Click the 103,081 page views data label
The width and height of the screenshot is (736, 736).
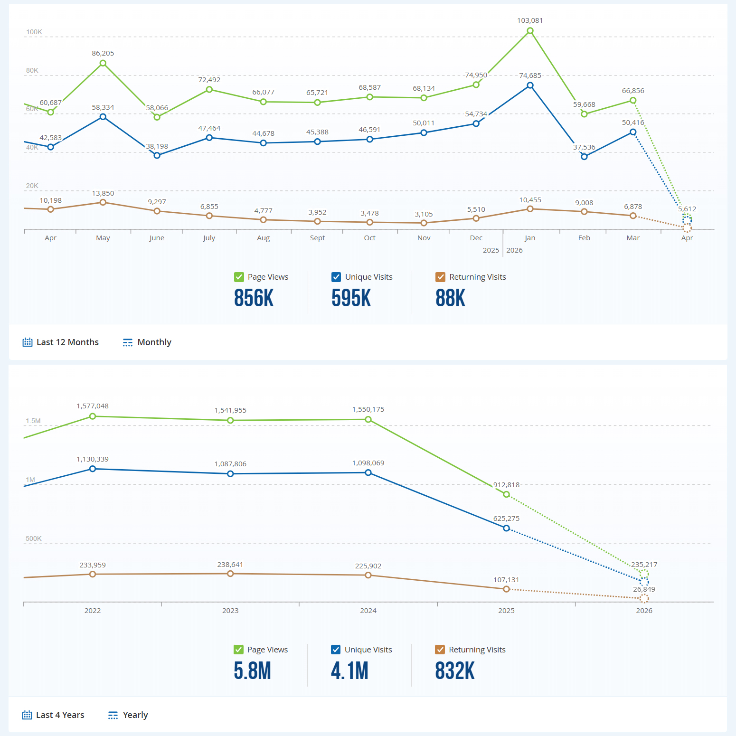(x=530, y=20)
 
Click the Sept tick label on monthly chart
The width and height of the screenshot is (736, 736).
(x=317, y=238)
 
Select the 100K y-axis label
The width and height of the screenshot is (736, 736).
(x=34, y=32)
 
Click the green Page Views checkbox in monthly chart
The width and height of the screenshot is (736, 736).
(x=239, y=277)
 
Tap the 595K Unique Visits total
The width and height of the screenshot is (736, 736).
(x=351, y=298)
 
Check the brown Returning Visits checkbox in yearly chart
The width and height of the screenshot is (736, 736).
(x=440, y=650)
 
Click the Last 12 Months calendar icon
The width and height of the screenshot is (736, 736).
(x=28, y=342)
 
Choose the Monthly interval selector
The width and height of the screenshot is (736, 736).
(x=147, y=342)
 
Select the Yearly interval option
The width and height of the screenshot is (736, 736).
(x=128, y=715)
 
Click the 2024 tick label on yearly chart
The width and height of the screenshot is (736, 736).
(x=368, y=611)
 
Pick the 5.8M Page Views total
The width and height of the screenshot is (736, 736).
(x=252, y=671)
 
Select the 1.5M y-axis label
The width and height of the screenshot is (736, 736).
(x=33, y=421)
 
